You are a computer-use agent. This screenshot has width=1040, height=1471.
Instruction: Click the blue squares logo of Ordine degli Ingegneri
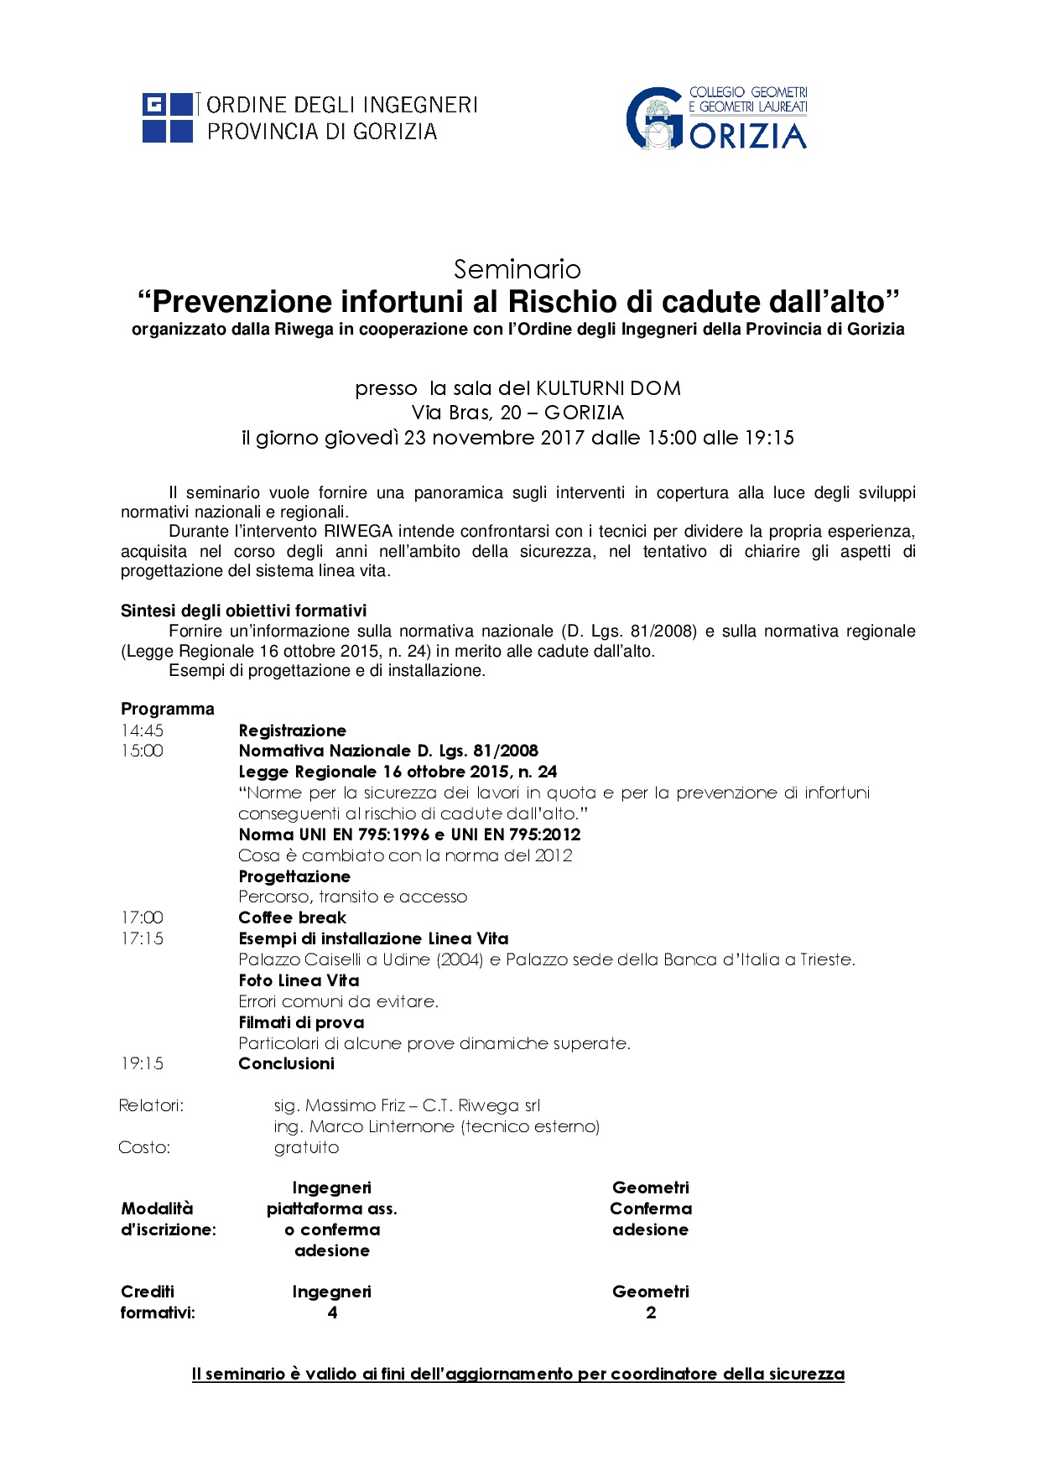click(x=168, y=117)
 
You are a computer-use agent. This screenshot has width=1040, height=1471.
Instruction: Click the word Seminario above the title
click(x=517, y=269)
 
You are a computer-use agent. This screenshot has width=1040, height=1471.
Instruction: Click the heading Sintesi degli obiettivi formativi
click(x=243, y=611)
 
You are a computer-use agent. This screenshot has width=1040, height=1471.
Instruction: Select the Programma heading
click(x=168, y=709)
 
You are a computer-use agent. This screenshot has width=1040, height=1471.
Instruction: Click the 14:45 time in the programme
click(x=142, y=730)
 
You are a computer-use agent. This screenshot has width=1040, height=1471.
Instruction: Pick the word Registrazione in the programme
click(x=292, y=730)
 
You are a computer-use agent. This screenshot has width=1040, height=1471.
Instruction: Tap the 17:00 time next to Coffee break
click(x=142, y=917)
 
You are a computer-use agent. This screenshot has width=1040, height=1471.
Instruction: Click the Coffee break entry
click(x=292, y=917)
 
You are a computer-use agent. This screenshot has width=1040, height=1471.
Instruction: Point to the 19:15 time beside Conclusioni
click(x=142, y=1063)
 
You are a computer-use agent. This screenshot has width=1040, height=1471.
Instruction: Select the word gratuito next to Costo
click(x=306, y=1147)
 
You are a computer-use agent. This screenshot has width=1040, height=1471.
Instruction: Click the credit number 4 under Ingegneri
click(x=332, y=1312)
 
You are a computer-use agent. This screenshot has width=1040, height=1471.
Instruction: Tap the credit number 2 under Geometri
click(x=651, y=1312)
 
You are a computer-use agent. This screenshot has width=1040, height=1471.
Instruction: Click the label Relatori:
click(x=151, y=1105)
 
